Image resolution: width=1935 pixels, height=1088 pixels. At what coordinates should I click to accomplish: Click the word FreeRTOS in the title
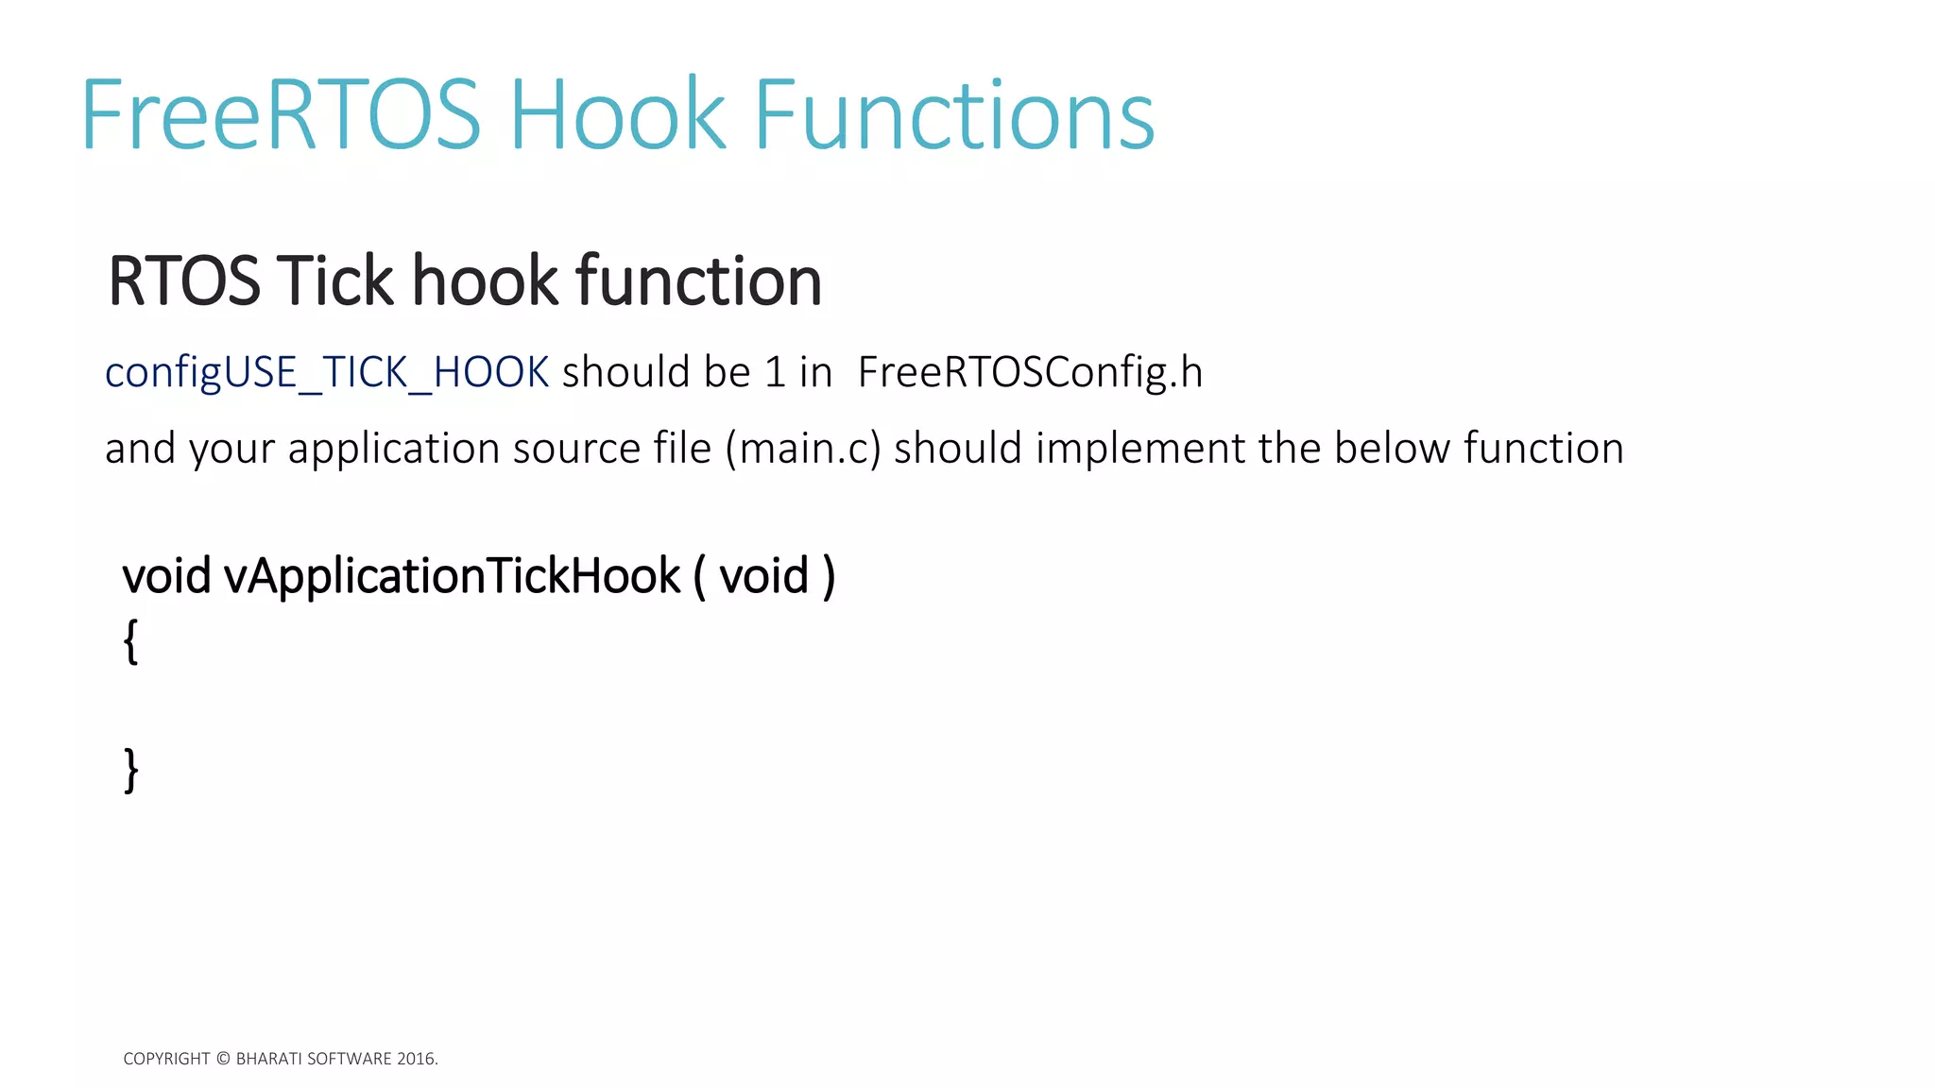tap(281, 115)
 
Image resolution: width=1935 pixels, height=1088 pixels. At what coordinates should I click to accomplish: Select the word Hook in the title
tap(618, 115)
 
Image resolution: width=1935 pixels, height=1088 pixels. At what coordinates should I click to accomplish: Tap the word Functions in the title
tap(953, 115)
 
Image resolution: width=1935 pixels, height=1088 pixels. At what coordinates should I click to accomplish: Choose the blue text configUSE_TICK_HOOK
tap(327, 372)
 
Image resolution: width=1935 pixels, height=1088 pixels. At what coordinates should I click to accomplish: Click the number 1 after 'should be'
tap(775, 372)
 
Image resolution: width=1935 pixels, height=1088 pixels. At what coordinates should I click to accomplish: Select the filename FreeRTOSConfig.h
tap(1030, 372)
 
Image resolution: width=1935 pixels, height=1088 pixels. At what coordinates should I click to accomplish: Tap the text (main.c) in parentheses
tap(803, 449)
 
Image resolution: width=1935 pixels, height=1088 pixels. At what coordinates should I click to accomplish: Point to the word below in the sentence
tap(1392, 449)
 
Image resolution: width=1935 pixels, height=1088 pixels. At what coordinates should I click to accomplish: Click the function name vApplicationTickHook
tap(452, 576)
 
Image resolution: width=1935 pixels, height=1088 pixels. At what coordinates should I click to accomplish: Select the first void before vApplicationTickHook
tap(166, 576)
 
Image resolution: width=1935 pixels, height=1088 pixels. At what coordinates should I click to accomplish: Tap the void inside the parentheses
tap(764, 576)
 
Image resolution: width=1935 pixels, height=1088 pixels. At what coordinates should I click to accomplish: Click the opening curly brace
tap(130, 642)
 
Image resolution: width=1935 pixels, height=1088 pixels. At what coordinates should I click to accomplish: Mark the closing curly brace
tap(130, 770)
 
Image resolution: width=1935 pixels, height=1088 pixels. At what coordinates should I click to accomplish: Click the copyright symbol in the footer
tap(223, 1059)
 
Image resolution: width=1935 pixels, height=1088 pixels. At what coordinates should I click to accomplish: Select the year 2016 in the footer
tap(415, 1059)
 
